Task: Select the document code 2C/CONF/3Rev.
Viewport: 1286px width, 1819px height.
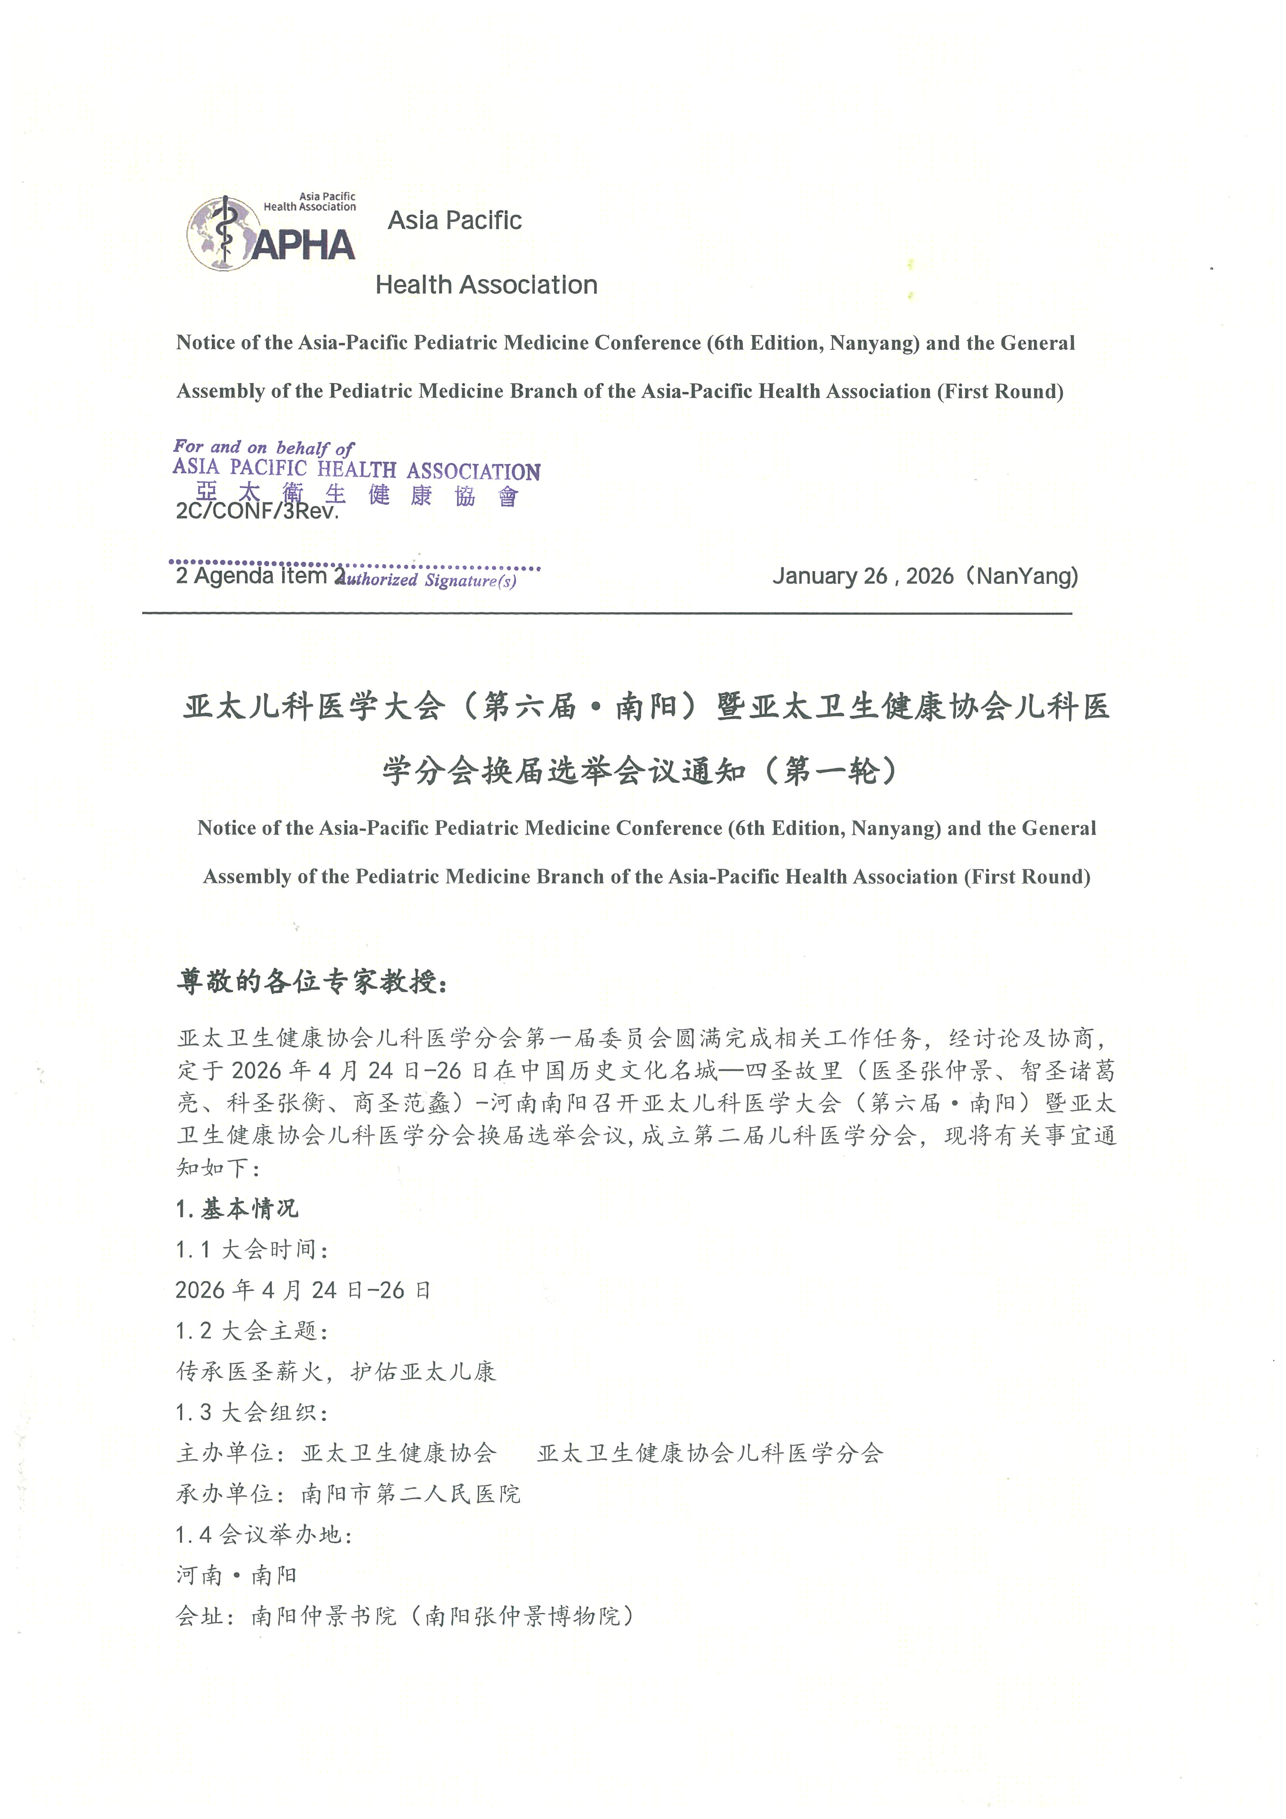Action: point(256,511)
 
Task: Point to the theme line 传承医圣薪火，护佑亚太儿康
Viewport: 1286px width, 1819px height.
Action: point(336,1371)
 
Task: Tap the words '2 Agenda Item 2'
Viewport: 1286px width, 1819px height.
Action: point(260,576)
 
